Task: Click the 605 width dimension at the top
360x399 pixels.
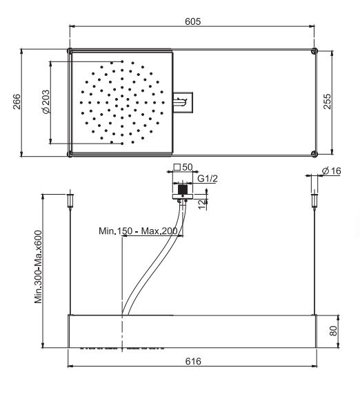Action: point(192,22)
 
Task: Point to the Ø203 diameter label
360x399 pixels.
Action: point(45,102)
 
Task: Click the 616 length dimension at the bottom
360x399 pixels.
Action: point(192,360)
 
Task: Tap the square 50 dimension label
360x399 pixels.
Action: point(183,167)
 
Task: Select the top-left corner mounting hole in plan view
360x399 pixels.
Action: point(70,50)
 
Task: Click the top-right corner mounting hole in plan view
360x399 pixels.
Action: point(314,50)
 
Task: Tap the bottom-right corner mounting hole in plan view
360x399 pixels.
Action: point(314,153)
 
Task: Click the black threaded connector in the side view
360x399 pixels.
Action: point(182,188)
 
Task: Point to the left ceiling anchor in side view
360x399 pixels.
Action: point(70,201)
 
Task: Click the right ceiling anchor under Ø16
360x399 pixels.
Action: point(314,201)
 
